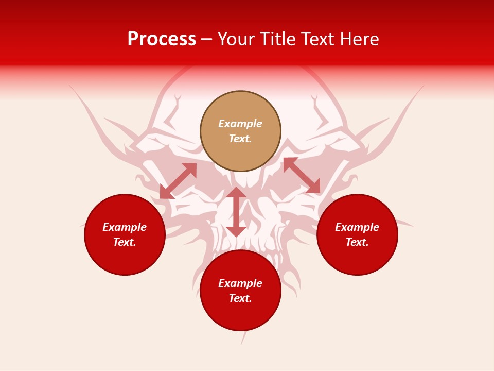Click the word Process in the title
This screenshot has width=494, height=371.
click(162, 39)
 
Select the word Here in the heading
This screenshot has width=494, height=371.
click(359, 39)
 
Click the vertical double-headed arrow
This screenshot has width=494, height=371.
click(236, 212)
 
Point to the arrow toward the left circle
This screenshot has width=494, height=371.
click(178, 181)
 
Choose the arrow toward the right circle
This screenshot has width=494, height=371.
click(302, 175)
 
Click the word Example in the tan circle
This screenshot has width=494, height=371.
click(240, 124)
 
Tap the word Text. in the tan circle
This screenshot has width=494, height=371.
click(240, 139)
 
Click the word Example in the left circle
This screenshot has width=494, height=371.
click(125, 227)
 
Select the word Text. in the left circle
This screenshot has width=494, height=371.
click(125, 242)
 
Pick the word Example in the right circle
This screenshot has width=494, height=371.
click(357, 227)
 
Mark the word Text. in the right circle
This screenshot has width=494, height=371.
click(357, 242)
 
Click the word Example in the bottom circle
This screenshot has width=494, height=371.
click(240, 283)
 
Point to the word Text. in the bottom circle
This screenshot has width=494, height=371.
click(240, 298)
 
